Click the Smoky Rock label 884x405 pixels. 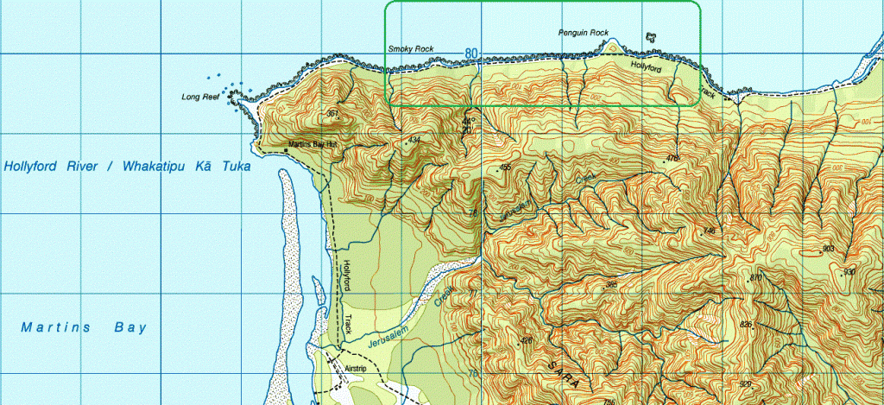[411, 49]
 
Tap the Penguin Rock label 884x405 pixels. [584, 32]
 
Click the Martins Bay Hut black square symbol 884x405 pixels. [286, 150]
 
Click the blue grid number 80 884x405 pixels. [470, 53]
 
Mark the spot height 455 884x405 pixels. [505, 167]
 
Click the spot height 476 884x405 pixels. [672, 158]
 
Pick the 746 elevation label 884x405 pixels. [710, 231]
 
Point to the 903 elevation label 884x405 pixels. [828, 249]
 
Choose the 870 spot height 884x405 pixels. [756, 277]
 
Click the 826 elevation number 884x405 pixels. [747, 324]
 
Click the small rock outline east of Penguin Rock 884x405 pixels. [651, 38]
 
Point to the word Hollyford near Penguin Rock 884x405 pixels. [646, 66]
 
